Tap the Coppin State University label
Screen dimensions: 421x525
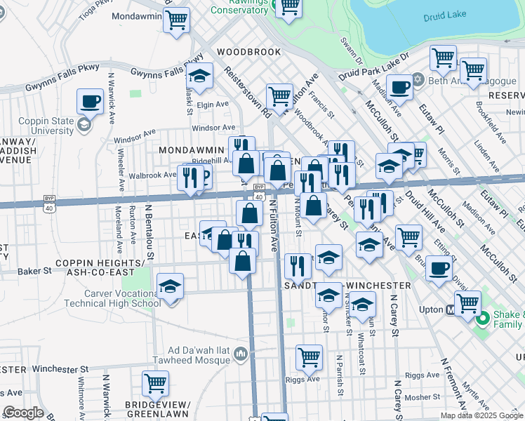tap(46, 126)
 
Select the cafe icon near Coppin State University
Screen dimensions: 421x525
tap(90, 101)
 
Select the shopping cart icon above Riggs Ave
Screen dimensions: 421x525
tap(309, 357)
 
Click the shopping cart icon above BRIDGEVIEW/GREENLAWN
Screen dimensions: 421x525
tap(155, 383)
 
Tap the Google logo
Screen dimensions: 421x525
tap(23, 413)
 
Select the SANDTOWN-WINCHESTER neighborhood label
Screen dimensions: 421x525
tap(347, 286)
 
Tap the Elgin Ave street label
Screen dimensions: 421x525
tap(213, 105)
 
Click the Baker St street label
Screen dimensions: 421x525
tap(34, 270)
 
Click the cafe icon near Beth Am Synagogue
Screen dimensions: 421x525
tap(399, 88)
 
